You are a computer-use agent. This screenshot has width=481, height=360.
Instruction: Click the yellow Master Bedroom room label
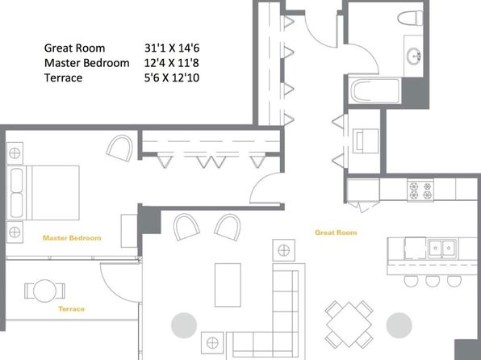[72, 238]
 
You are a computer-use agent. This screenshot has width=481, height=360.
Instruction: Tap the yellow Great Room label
[336, 232]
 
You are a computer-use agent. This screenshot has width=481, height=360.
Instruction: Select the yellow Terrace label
[72, 309]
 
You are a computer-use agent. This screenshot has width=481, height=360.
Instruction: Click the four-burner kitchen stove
[420, 190]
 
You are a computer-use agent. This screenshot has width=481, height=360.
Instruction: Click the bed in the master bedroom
[45, 192]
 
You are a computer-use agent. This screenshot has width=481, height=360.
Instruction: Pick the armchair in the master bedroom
[120, 149]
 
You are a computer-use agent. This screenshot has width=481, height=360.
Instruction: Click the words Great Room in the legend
[74, 48]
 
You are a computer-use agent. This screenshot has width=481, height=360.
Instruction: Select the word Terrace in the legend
[64, 77]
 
